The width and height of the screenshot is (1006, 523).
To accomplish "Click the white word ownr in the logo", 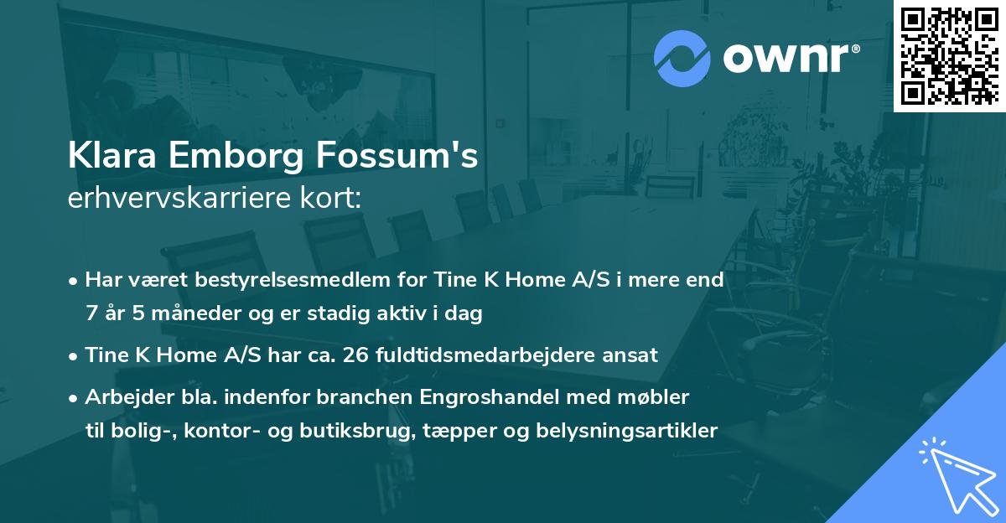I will (788, 57).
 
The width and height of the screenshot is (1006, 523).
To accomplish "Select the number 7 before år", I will (91, 313).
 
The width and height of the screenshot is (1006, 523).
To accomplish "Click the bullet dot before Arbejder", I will (75, 398).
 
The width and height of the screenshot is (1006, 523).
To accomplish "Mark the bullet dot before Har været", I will (75, 281).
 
